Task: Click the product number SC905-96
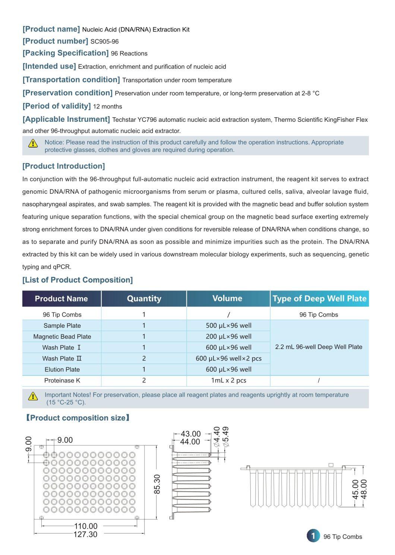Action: tap(104, 42)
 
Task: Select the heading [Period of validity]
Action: tap(57, 106)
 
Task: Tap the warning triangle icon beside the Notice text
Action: tap(33, 143)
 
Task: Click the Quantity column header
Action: tap(144, 299)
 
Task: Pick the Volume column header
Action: tap(227, 298)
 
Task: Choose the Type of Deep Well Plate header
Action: tap(319, 299)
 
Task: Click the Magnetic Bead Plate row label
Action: tap(62, 337)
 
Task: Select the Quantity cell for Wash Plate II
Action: tap(144, 359)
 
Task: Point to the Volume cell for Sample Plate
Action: tap(228, 326)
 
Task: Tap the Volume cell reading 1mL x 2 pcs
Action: tap(228, 381)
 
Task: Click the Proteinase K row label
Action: tap(62, 381)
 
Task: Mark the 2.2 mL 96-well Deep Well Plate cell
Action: tap(319, 347)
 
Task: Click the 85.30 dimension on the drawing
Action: tap(157, 484)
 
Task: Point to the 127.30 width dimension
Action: tap(86, 535)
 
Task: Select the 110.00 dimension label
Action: tap(86, 526)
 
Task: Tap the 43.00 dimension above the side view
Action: tap(190, 434)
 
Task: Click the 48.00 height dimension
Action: tap(364, 489)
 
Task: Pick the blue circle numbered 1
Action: tap(313, 536)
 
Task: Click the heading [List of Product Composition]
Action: tap(78, 280)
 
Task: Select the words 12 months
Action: tap(108, 107)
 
